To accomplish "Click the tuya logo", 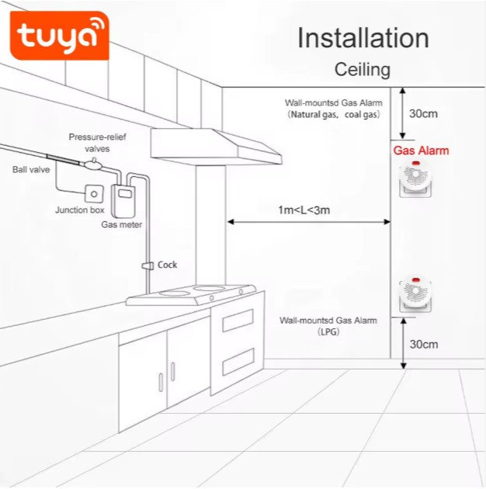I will [60, 36].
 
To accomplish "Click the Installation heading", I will [363, 38].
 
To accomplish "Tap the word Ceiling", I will [362, 70].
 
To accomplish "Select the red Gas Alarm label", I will [421, 151].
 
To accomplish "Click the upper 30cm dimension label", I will [423, 113].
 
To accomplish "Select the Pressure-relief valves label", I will [97, 142].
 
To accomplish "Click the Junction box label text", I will [79, 210].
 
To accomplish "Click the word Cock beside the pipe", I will [167, 265].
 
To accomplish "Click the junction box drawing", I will [94, 193].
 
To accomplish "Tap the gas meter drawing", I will [123, 201].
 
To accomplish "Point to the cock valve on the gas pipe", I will [146, 265].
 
